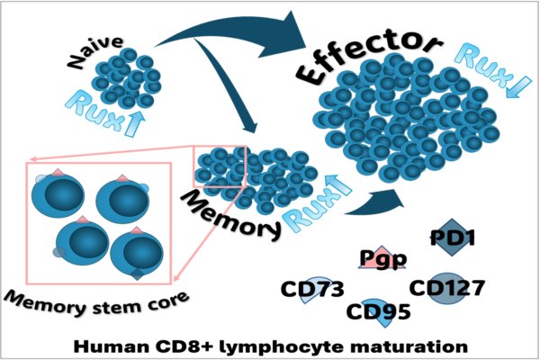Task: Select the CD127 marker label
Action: click(x=447, y=288)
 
